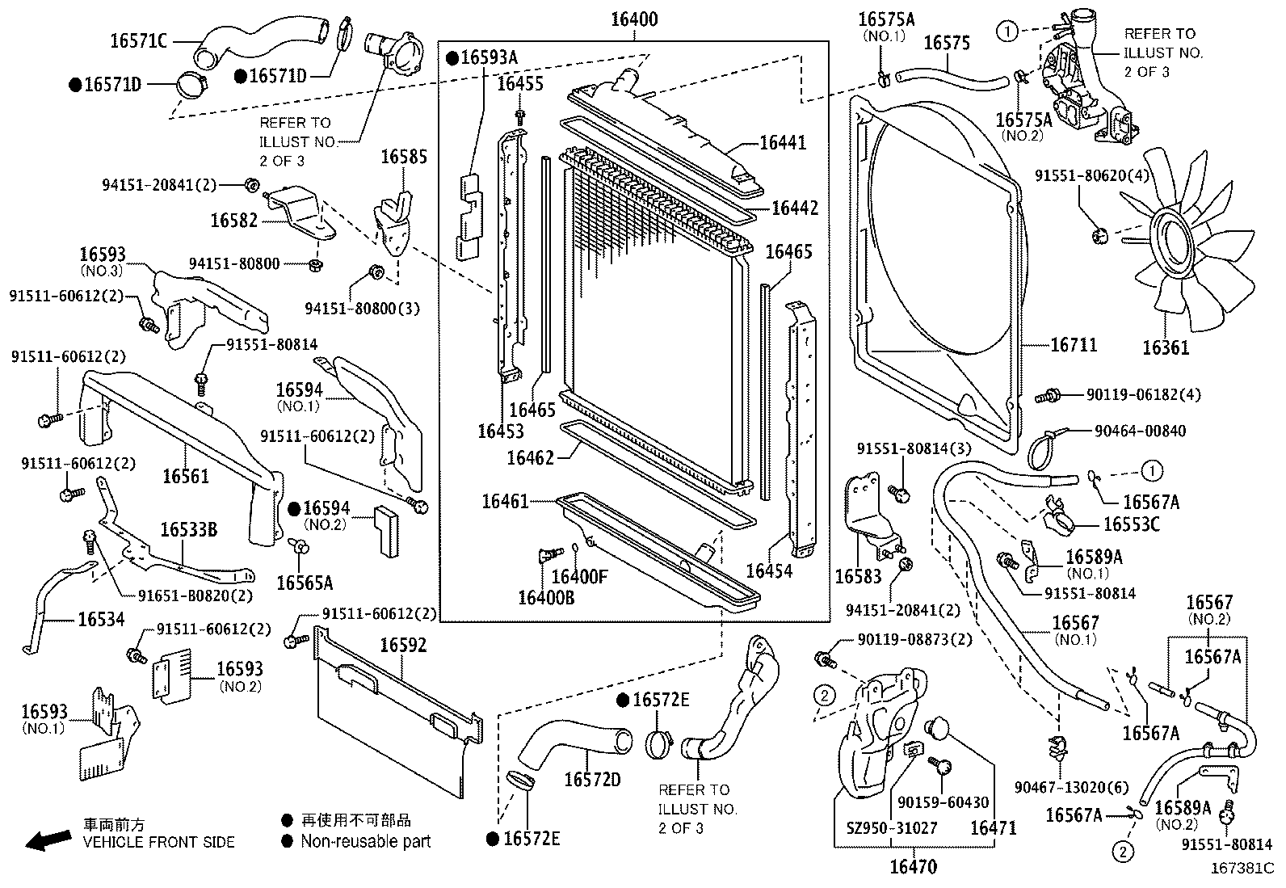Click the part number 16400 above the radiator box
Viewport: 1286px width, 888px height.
coord(633,19)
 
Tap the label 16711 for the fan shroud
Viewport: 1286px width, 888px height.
coord(1074,345)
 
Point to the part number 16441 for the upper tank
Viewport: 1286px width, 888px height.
coord(783,143)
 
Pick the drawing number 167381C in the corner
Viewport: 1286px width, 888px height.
coord(1242,868)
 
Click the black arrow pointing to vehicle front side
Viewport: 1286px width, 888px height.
coord(48,842)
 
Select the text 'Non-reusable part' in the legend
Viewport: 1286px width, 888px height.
coord(365,841)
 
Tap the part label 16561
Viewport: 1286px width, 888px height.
coord(186,476)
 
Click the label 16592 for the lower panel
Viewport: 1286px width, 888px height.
coord(403,645)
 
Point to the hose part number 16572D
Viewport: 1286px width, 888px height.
coord(592,779)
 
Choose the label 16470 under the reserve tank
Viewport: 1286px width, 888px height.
coord(913,868)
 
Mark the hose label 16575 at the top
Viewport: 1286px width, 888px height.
coord(946,43)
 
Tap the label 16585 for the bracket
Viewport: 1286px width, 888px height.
coord(404,157)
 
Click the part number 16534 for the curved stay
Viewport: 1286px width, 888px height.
coord(101,620)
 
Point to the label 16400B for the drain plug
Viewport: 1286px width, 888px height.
coord(546,597)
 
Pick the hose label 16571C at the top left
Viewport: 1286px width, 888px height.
coord(138,40)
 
